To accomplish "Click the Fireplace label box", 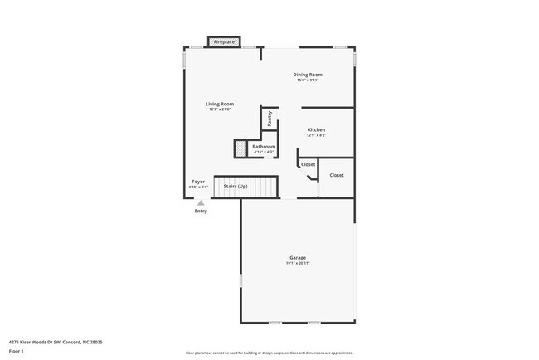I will tap(224, 41).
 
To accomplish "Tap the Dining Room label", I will tap(307, 75).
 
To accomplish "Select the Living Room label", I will tap(220, 104).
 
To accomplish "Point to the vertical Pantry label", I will tap(269, 118).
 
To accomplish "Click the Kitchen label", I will tap(316, 130).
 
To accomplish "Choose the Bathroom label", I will tap(264, 147).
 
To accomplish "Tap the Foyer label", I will tap(198, 181).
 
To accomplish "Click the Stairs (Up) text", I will tap(236, 187).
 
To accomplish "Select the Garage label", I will tap(298, 258).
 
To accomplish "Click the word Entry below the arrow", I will tap(201, 211).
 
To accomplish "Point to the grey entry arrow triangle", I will tap(201, 202).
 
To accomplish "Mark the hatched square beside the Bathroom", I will tap(240, 148).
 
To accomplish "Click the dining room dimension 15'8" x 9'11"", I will tap(307, 80).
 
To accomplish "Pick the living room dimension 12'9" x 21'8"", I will tap(220, 109).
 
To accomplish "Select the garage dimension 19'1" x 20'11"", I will tap(298, 264).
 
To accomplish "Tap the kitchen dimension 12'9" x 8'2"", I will tap(316, 136).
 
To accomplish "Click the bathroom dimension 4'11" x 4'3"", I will tap(264, 153).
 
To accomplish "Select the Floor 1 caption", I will tap(17, 351).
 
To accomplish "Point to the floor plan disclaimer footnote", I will tap(269, 352).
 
